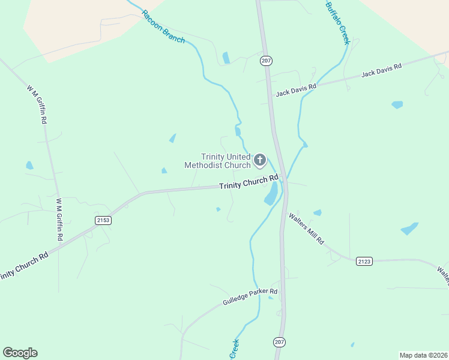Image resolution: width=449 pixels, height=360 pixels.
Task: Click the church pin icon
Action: pyautogui.click(x=259, y=160)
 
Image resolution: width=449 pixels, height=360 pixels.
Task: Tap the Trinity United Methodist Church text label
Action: pyautogui.click(x=217, y=161)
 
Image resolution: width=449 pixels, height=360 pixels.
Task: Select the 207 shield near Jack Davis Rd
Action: pyautogui.click(x=266, y=61)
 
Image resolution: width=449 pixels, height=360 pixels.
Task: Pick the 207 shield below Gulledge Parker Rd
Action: pyautogui.click(x=279, y=341)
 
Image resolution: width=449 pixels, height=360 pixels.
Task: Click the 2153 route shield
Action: pyautogui.click(x=103, y=220)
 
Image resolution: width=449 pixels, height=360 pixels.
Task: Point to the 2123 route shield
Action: pyautogui.click(x=364, y=260)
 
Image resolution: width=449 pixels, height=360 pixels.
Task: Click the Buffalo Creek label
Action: pyautogui.click(x=337, y=23)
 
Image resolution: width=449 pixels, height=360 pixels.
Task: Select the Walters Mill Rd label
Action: pyautogui.click(x=306, y=228)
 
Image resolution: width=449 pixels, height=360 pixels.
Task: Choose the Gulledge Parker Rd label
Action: pyautogui.click(x=250, y=295)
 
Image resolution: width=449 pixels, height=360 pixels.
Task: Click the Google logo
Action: pyautogui.click(x=20, y=353)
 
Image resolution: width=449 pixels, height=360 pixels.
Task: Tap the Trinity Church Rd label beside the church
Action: pyautogui.click(x=249, y=182)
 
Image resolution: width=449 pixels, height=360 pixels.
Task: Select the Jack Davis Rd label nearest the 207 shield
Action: pyautogui.click(x=296, y=90)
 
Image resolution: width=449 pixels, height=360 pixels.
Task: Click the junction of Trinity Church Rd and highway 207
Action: pyautogui.click(x=285, y=179)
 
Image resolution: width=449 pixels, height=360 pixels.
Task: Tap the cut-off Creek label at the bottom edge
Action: pyautogui.click(x=234, y=349)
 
